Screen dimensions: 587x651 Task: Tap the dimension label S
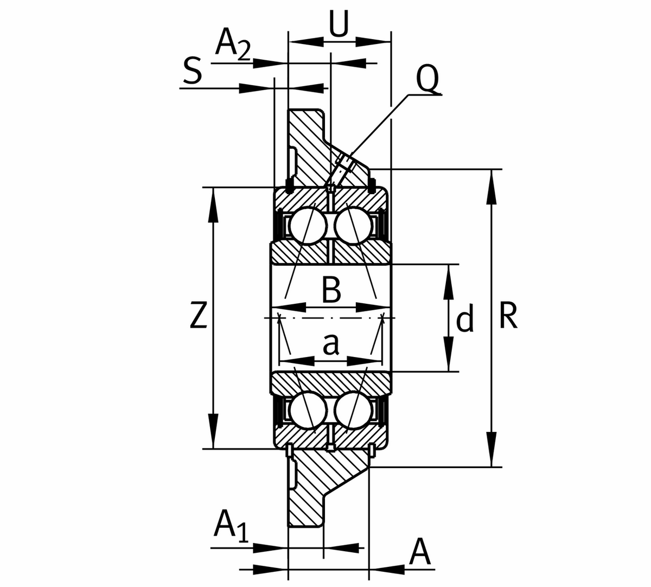[192, 72]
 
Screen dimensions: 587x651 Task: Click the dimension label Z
[199, 316]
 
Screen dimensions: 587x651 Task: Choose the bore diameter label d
[465, 319]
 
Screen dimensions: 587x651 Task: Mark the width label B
[331, 290]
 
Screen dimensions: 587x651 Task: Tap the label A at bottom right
[420, 553]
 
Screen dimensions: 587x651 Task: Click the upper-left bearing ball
[308, 225]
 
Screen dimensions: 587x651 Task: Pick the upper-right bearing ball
[353, 225]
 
